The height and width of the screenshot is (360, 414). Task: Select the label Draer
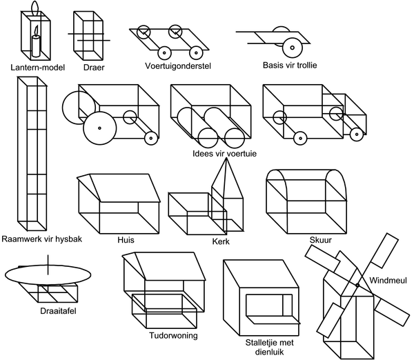[x=93, y=67]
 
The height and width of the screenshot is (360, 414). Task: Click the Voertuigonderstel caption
[x=177, y=66]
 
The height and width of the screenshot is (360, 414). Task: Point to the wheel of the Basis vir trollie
[x=291, y=48]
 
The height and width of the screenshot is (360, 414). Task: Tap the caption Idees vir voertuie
[x=225, y=154]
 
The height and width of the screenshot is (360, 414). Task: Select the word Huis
[x=126, y=240]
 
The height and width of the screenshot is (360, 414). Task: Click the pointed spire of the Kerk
[x=222, y=175]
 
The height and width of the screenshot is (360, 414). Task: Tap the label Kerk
[x=221, y=242]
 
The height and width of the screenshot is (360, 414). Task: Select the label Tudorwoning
[x=173, y=336]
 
